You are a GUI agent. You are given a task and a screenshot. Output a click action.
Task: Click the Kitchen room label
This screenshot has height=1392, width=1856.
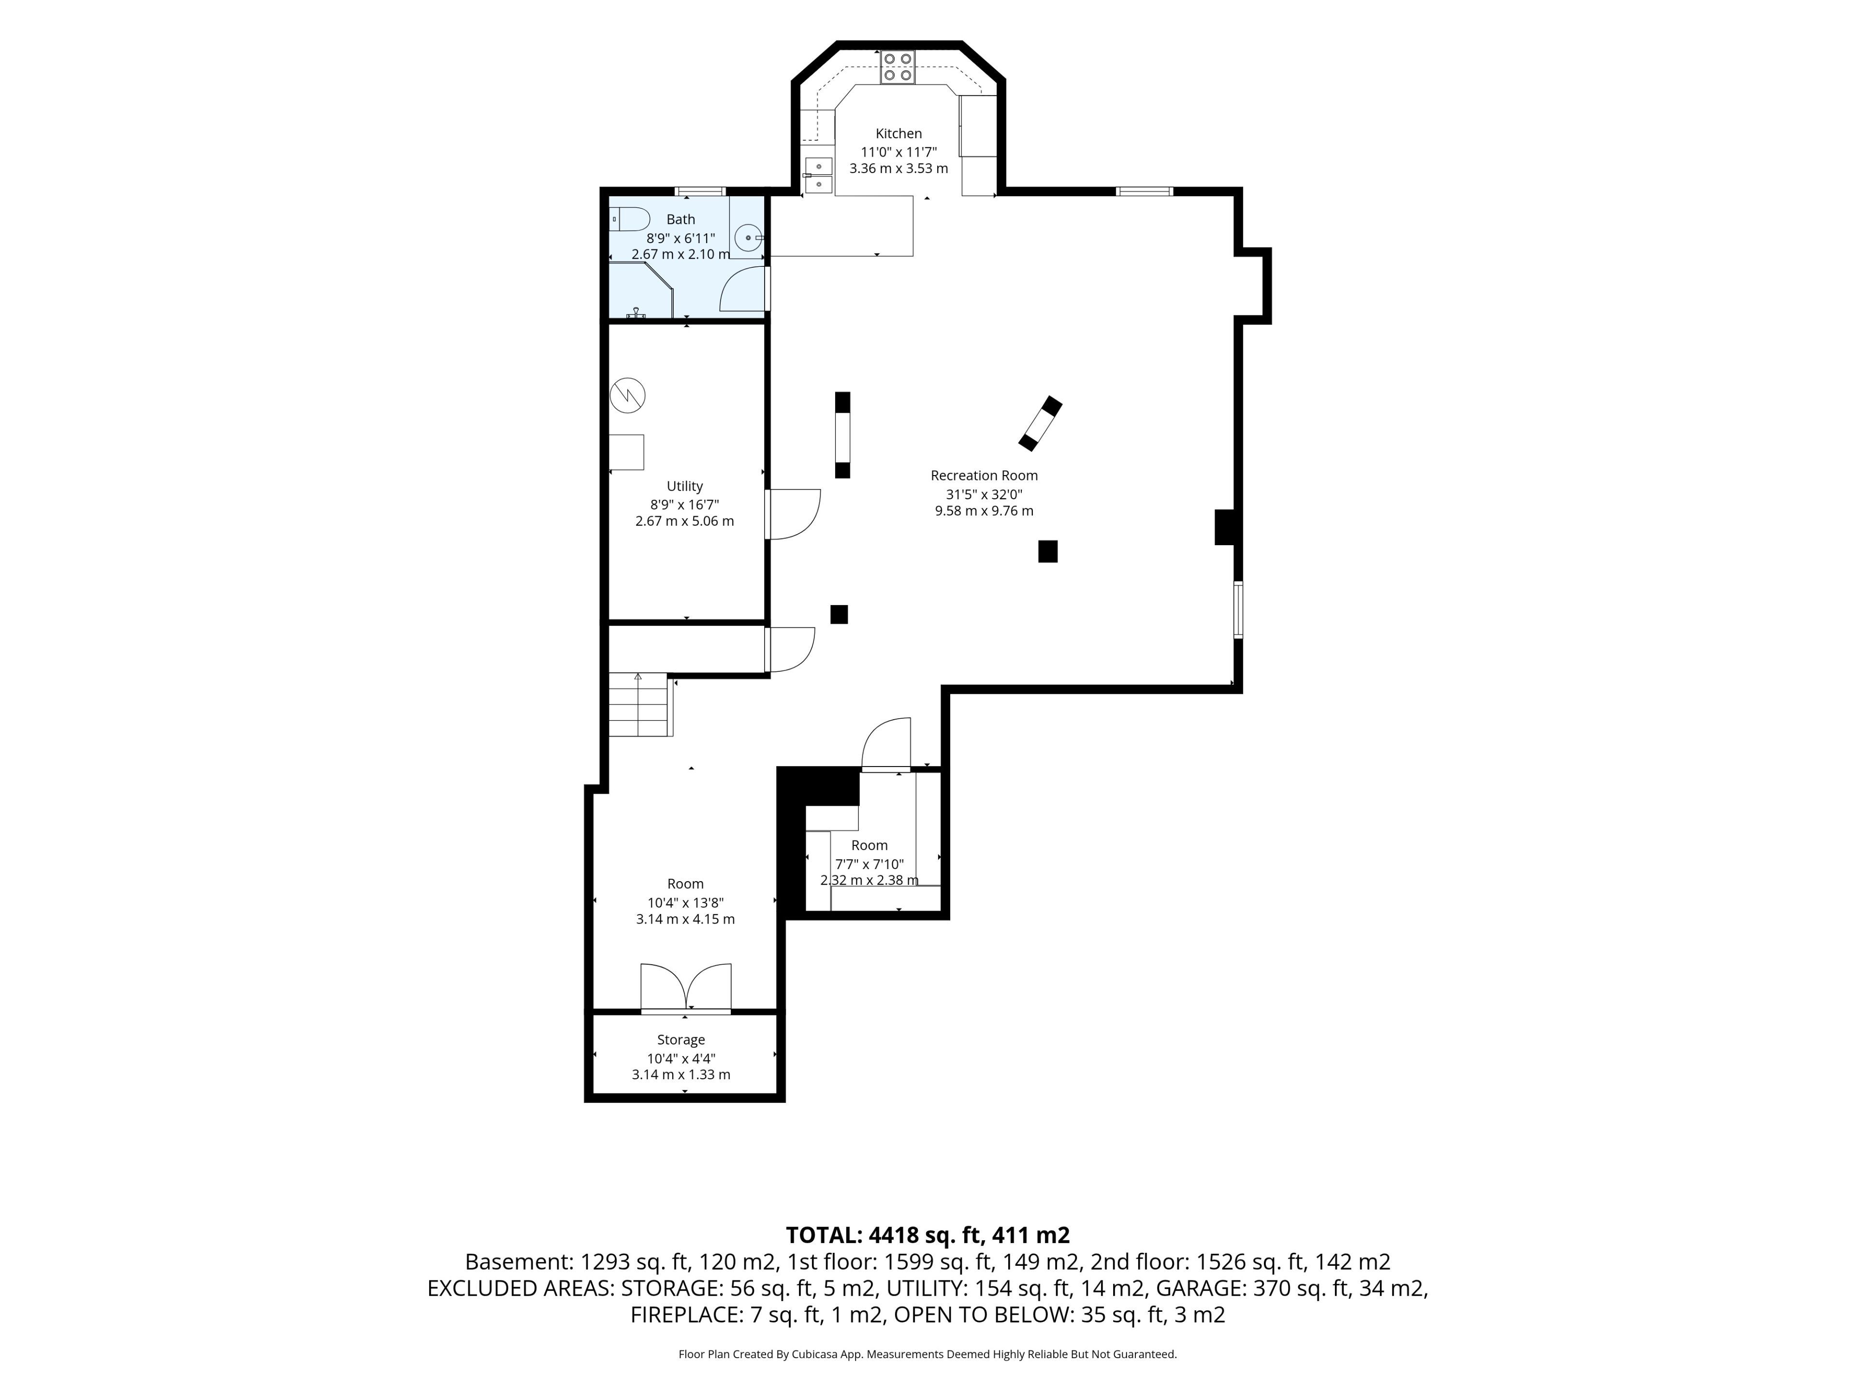point(899,133)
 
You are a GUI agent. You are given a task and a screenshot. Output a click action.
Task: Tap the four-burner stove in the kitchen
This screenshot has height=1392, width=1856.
point(898,67)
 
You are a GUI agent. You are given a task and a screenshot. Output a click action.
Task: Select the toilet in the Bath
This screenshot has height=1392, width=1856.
point(629,219)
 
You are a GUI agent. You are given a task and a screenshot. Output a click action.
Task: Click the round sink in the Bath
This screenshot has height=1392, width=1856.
point(748,237)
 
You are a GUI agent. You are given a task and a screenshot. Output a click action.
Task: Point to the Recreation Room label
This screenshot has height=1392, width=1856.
point(984,475)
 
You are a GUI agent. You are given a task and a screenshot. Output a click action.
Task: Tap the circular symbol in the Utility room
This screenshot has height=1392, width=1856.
point(628,395)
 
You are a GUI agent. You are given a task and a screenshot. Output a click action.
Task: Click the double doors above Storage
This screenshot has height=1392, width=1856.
point(685,987)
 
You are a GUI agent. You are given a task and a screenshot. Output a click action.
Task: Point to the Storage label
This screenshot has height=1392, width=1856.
point(681,1040)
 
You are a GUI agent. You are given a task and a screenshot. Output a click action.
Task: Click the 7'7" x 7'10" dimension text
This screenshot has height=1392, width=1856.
point(869,864)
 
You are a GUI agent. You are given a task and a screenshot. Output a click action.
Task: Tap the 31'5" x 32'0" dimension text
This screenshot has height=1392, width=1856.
point(984,494)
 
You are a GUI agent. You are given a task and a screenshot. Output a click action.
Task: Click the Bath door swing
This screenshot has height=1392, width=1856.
point(742,289)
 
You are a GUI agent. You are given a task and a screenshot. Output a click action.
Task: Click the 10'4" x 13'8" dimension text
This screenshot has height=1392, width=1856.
point(685,903)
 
